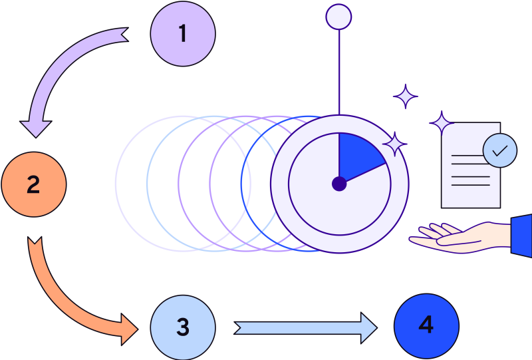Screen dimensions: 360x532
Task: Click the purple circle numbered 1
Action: (183, 34)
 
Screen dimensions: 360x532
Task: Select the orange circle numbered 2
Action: (34, 184)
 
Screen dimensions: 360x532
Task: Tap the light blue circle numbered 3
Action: (183, 327)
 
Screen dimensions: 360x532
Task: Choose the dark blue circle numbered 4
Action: (426, 325)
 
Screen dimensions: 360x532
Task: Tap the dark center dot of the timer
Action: (339, 183)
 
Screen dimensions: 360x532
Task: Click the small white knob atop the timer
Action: (339, 17)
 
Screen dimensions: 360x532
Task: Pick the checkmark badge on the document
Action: (499, 150)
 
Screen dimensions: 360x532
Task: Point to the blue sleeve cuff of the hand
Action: (522, 235)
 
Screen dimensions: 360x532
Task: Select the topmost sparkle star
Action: (405, 97)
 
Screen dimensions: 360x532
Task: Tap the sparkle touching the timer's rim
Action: (394, 144)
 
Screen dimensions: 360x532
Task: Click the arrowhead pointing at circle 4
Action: (370, 327)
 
